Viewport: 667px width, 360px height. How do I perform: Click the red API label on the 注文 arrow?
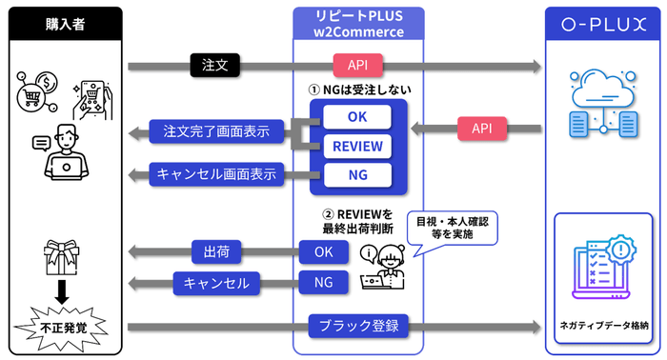(x=359, y=66)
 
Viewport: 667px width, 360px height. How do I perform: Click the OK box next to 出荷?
(x=323, y=252)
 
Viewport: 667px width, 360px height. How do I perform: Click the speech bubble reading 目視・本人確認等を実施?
(x=451, y=226)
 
